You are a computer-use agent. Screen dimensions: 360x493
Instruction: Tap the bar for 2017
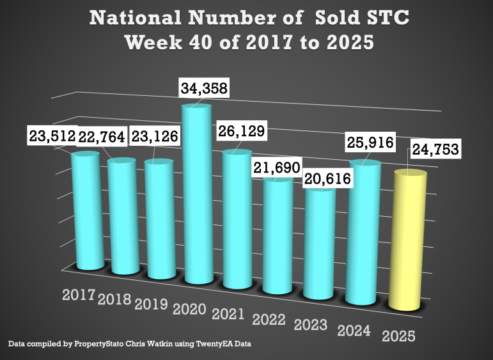tap(86, 211)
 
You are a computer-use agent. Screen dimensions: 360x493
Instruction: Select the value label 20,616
tap(326, 178)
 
